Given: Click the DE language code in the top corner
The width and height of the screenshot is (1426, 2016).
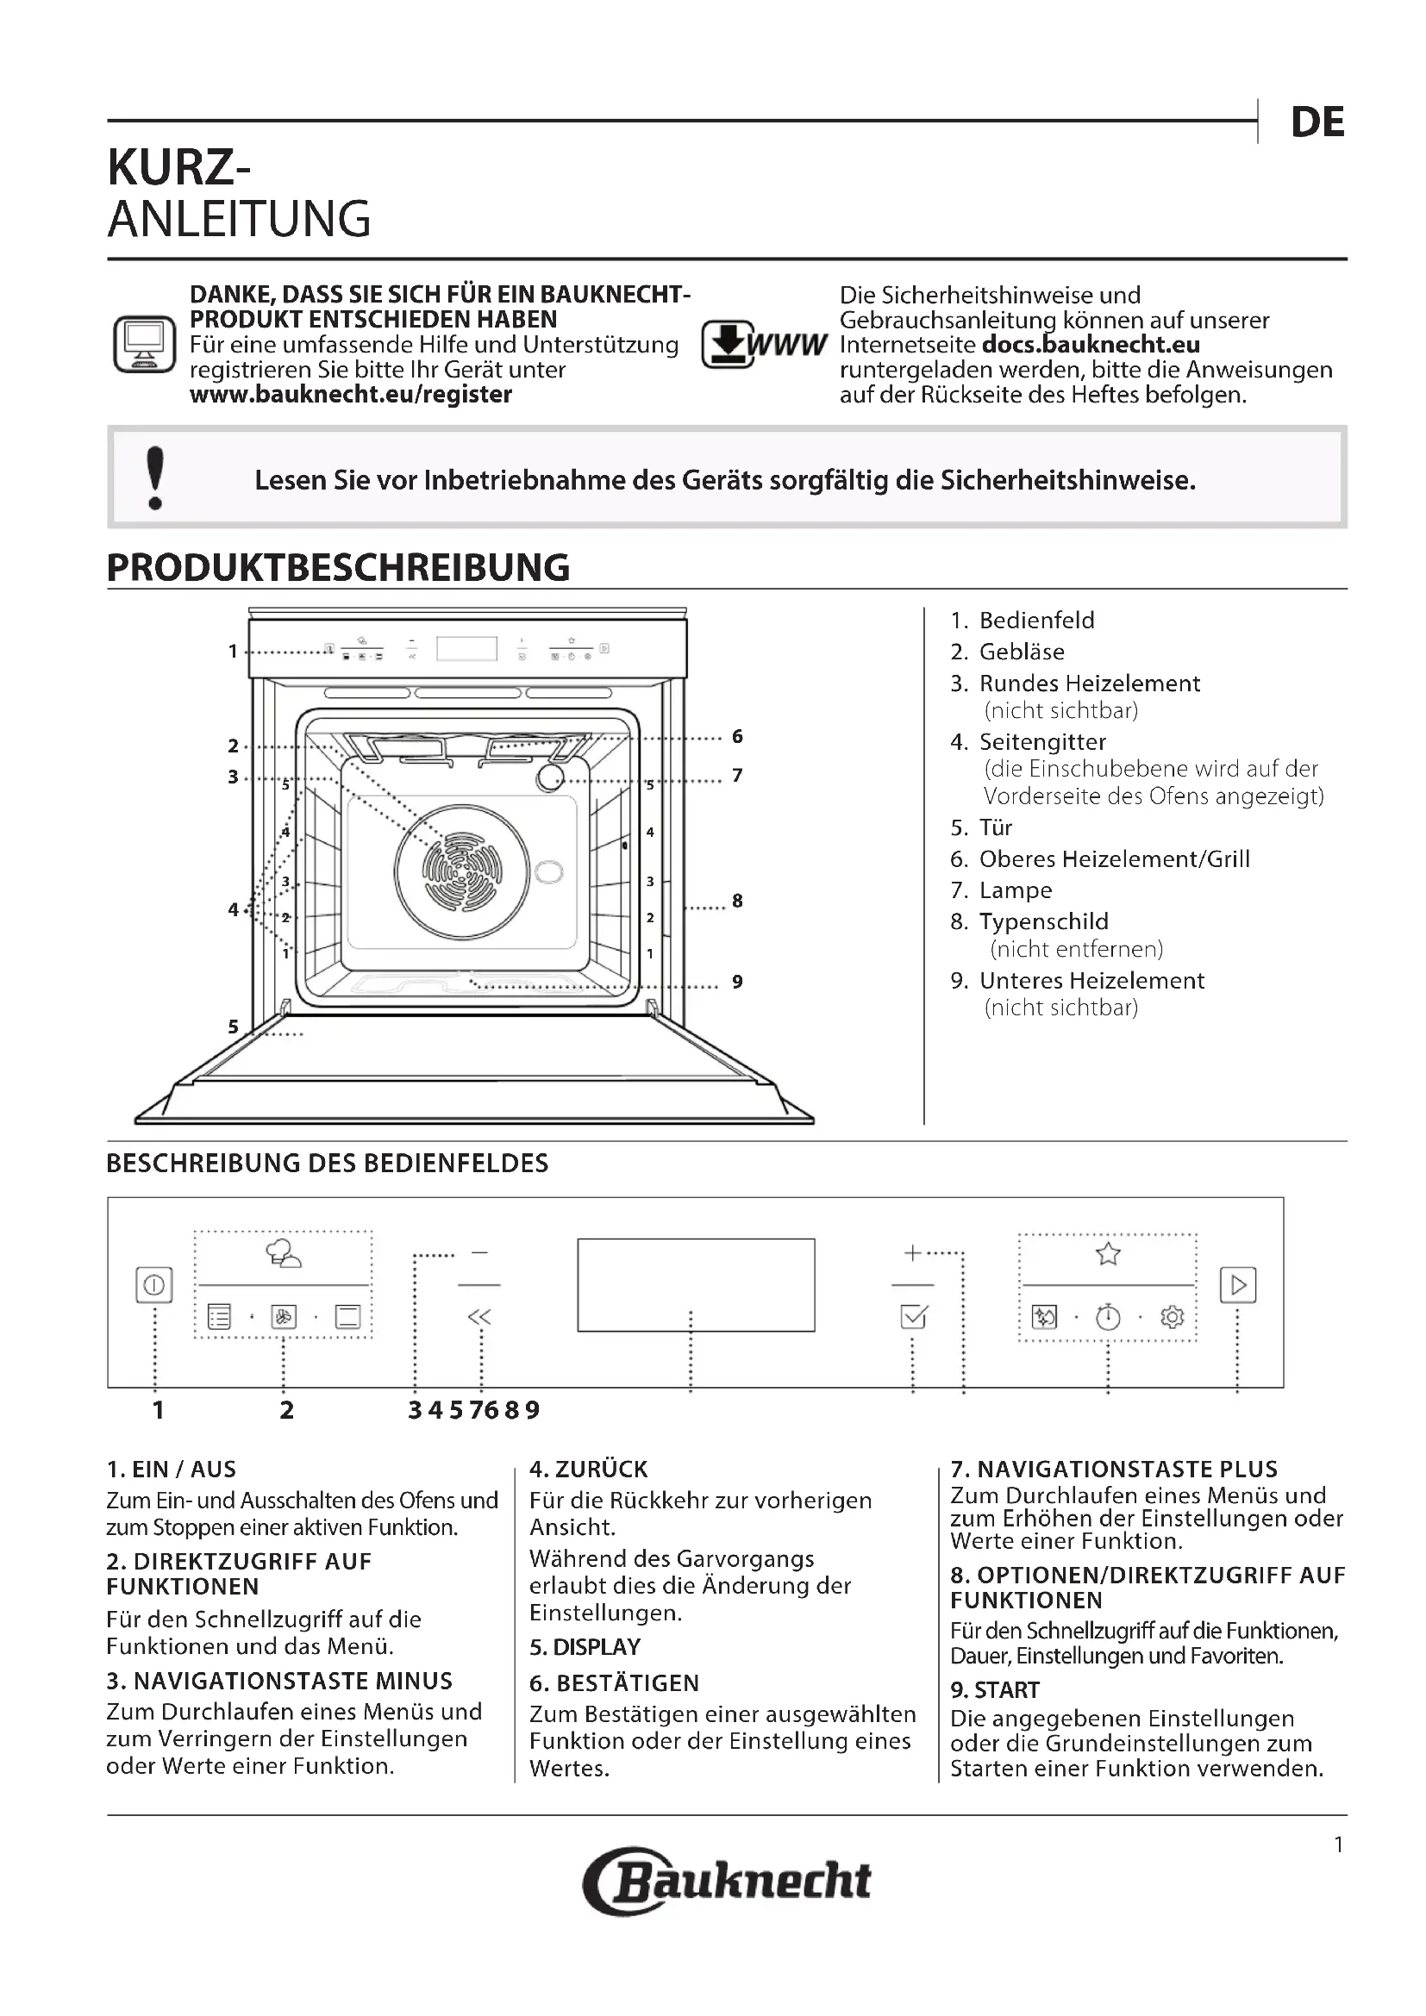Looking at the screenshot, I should (1317, 123).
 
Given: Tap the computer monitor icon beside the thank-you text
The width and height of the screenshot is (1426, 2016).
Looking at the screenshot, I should (144, 344).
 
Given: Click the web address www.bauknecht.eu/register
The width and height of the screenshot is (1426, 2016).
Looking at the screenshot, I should (350, 394).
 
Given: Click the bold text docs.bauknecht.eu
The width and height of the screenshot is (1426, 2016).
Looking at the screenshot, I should (1091, 344).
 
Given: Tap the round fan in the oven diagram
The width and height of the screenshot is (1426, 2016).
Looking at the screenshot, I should (462, 872).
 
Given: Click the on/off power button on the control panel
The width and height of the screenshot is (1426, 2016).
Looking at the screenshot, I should (153, 1284).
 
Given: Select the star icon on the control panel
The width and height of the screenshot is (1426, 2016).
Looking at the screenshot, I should (1108, 1254).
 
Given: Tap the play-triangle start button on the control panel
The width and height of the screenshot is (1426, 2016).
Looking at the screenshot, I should (1238, 1284).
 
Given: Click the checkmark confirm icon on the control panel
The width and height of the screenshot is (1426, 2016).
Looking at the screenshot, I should (914, 1317).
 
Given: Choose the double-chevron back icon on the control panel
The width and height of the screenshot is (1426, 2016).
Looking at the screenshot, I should (479, 1316).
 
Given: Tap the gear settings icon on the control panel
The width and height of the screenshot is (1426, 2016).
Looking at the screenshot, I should (1173, 1317).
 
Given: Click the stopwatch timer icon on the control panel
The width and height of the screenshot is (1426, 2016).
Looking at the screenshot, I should (1108, 1317).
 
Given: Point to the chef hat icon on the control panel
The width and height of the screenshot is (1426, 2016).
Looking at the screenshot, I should (284, 1254).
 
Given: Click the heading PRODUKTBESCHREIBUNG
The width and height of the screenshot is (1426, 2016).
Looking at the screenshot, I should (338, 567).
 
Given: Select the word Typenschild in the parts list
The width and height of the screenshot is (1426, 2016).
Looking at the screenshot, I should (1043, 921).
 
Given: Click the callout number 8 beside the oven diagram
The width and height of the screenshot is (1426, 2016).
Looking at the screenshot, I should (738, 900).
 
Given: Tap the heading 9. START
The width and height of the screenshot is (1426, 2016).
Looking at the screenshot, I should (995, 1690).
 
